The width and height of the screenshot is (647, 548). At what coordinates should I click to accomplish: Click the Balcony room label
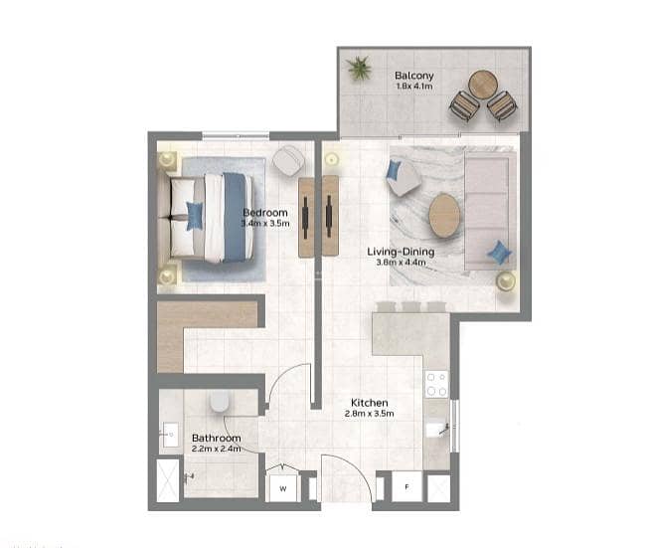tap(413, 76)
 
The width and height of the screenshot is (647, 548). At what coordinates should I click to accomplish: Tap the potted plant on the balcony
tap(359, 68)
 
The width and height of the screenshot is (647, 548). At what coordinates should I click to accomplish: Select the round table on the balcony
tap(483, 85)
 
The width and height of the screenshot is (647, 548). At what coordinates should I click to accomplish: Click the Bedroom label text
tap(265, 213)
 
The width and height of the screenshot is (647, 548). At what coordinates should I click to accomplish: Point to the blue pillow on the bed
tap(195, 215)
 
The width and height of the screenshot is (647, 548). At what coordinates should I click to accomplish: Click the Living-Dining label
tap(401, 252)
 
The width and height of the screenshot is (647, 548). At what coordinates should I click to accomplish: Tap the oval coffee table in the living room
tap(444, 215)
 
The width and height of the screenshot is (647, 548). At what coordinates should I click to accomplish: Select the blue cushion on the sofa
tap(499, 253)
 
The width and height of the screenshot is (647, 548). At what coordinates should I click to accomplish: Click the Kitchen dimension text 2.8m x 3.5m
tap(370, 414)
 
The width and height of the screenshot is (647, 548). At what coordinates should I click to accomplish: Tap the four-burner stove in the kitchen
tap(436, 384)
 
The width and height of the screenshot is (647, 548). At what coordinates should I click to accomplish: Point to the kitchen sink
tap(436, 429)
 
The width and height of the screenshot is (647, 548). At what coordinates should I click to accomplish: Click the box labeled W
tap(283, 488)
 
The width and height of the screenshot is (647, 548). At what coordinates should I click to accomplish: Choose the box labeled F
tap(406, 486)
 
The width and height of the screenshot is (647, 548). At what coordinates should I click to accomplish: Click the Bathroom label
tap(217, 438)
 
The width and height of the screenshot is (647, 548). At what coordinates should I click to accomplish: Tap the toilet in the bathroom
tap(219, 401)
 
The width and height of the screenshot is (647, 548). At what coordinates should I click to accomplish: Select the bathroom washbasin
tap(170, 435)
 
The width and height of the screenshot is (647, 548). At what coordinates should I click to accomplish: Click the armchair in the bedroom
tap(288, 161)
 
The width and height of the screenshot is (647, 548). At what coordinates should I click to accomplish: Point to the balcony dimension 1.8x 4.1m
tap(414, 87)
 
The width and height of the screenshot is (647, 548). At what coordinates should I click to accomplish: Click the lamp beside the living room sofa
tap(506, 281)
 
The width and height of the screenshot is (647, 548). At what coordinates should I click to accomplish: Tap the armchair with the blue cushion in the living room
tap(403, 178)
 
